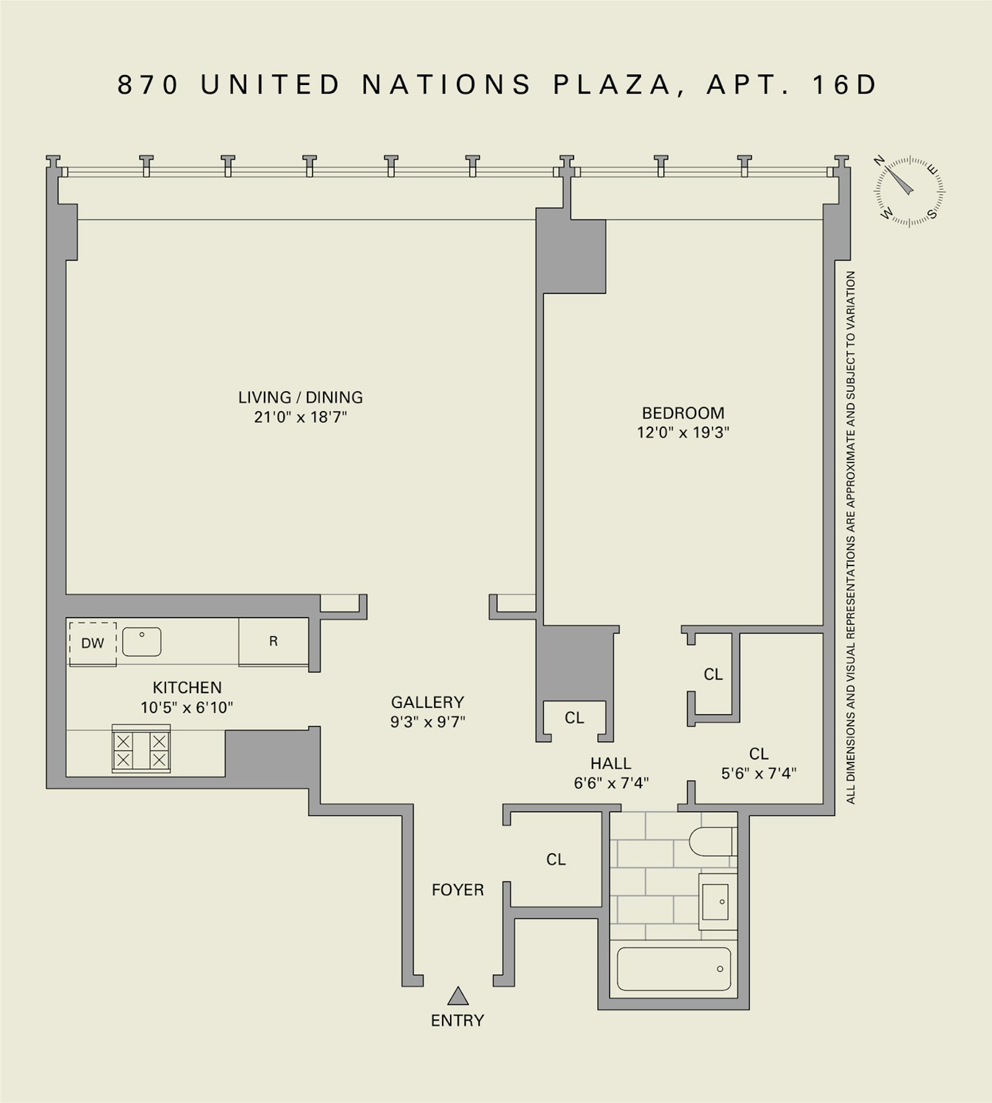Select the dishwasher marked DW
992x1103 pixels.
pyautogui.click(x=93, y=643)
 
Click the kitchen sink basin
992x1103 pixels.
pyautogui.click(x=142, y=641)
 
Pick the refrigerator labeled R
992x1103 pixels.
pyautogui.click(x=273, y=641)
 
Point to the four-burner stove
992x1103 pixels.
pyautogui.click(x=141, y=750)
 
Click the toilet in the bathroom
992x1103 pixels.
pyautogui.click(x=712, y=841)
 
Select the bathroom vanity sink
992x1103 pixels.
pyautogui.click(x=717, y=901)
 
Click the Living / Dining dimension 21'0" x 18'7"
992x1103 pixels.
pyautogui.click(x=300, y=417)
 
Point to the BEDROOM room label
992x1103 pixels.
pyautogui.click(x=683, y=413)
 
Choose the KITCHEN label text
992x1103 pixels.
pyautogui.click(x=187, y=687)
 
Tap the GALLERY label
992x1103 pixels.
pyautogui.click(x=427, y=702)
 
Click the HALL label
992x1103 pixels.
pyautogui.click(x=611, y=763)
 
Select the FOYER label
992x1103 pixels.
pyautogui.click(x=458, y=890)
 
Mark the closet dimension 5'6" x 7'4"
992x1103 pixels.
pyautogui.click(x=759, y=773)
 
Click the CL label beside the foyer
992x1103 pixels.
pyautogui.click(x=556, y=859)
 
